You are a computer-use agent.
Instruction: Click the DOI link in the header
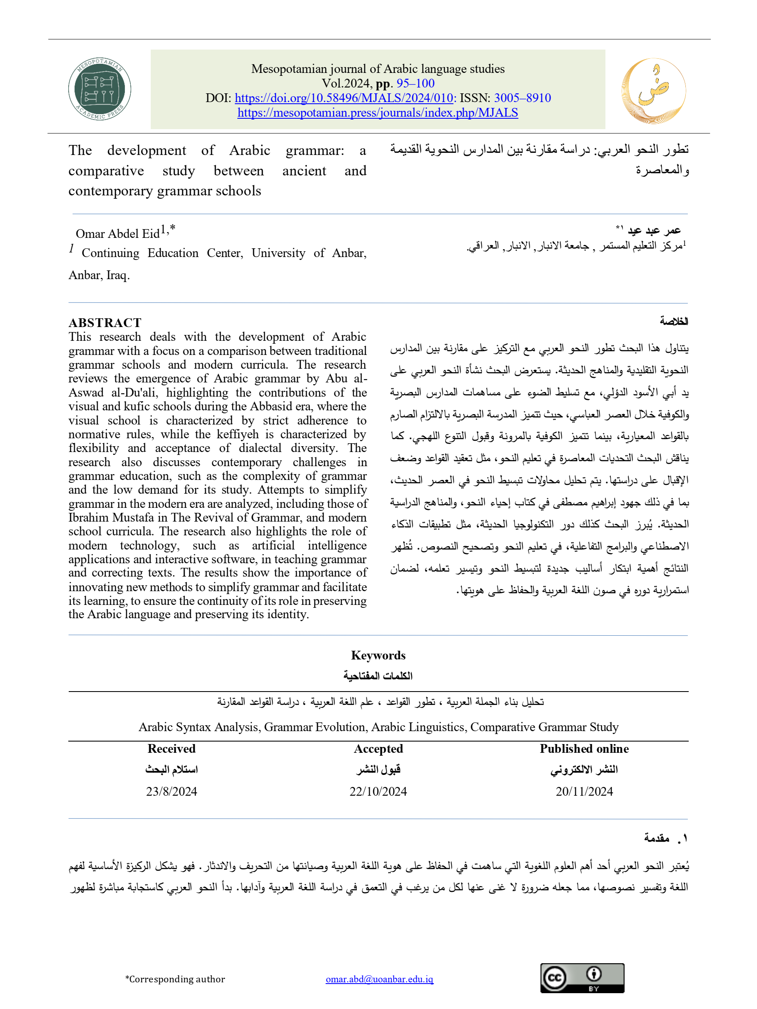click(x=344, y=97)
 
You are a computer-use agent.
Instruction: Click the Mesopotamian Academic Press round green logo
click(x=100, y=89)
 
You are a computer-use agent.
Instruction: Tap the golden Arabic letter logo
click(x=653, y=90)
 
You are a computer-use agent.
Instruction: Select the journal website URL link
click(x=378, y=112)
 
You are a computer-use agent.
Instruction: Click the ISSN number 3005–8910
click(x=522, y=97)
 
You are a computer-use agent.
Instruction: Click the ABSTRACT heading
click(x=105, y=322)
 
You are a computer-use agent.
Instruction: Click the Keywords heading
click(x=378, y=655)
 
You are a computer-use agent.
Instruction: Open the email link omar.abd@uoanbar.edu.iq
click(x=379, y=979)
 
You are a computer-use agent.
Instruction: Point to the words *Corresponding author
click(x=175, y=979)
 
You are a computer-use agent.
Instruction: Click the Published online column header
click(x=584, y=749)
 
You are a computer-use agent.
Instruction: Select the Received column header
click(x=172, y=749)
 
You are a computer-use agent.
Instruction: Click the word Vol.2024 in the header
click(x=345, y=83)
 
